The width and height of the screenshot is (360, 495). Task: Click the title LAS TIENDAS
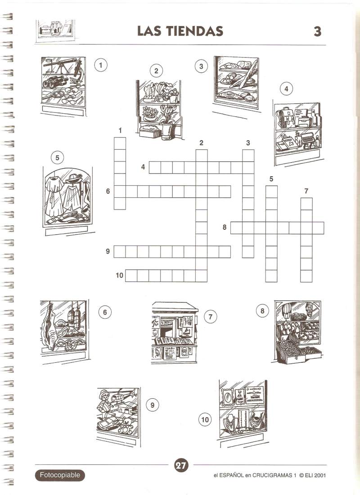point(180,31)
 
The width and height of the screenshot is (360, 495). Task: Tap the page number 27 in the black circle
point(181,465)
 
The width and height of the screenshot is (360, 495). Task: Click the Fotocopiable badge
point(60,475)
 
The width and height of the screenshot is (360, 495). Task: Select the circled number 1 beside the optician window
point(100,65)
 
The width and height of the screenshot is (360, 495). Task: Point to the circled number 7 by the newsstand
point(211,317)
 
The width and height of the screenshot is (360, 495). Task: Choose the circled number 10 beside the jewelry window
point(205,419)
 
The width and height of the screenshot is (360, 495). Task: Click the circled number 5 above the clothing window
point(57,157)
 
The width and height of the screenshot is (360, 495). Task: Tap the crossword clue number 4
point(143,167)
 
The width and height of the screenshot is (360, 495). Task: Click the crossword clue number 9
point(108,251)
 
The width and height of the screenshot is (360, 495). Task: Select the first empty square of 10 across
point(131,276)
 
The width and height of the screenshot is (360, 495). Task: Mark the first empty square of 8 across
point(236,227)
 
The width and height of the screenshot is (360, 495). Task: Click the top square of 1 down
point(120,143)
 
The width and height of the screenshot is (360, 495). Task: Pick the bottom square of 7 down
point(306,276)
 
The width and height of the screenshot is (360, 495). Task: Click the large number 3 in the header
point(317,31)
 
